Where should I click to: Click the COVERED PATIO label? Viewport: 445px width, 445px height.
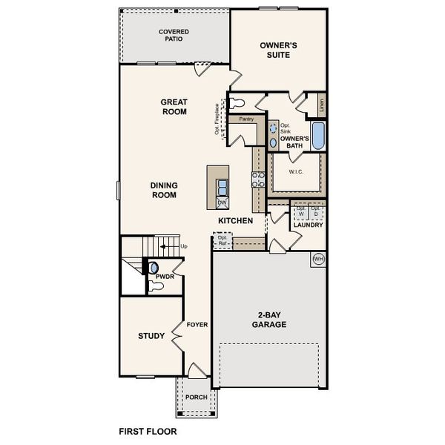tap(174, 35)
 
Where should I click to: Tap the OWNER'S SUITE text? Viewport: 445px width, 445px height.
tap(278, 50)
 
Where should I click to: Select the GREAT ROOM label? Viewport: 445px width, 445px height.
tap(174, 107)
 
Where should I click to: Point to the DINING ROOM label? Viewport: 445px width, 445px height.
tap(163, 191)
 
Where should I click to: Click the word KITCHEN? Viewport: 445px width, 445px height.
tap(236, 221)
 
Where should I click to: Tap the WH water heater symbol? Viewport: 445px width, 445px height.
tap(319, 259)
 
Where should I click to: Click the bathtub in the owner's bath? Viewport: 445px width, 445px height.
tap(318, 136)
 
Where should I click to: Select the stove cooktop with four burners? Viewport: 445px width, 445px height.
tap(259, 179)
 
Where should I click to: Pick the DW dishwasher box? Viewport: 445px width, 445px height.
tap(222, 202)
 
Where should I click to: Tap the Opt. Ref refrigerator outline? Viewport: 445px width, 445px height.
tap(222, 240)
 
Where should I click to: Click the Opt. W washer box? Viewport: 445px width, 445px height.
tap(300, 211)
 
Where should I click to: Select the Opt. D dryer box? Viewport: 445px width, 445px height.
tap(316, 211)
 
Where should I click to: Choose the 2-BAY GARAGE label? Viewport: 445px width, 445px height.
tap(268, 320)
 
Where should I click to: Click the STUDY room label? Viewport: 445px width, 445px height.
tap(151, 336)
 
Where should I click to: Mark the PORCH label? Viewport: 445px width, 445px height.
tap(197, 397)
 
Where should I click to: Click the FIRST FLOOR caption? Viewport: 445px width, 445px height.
tap(148, 430)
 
